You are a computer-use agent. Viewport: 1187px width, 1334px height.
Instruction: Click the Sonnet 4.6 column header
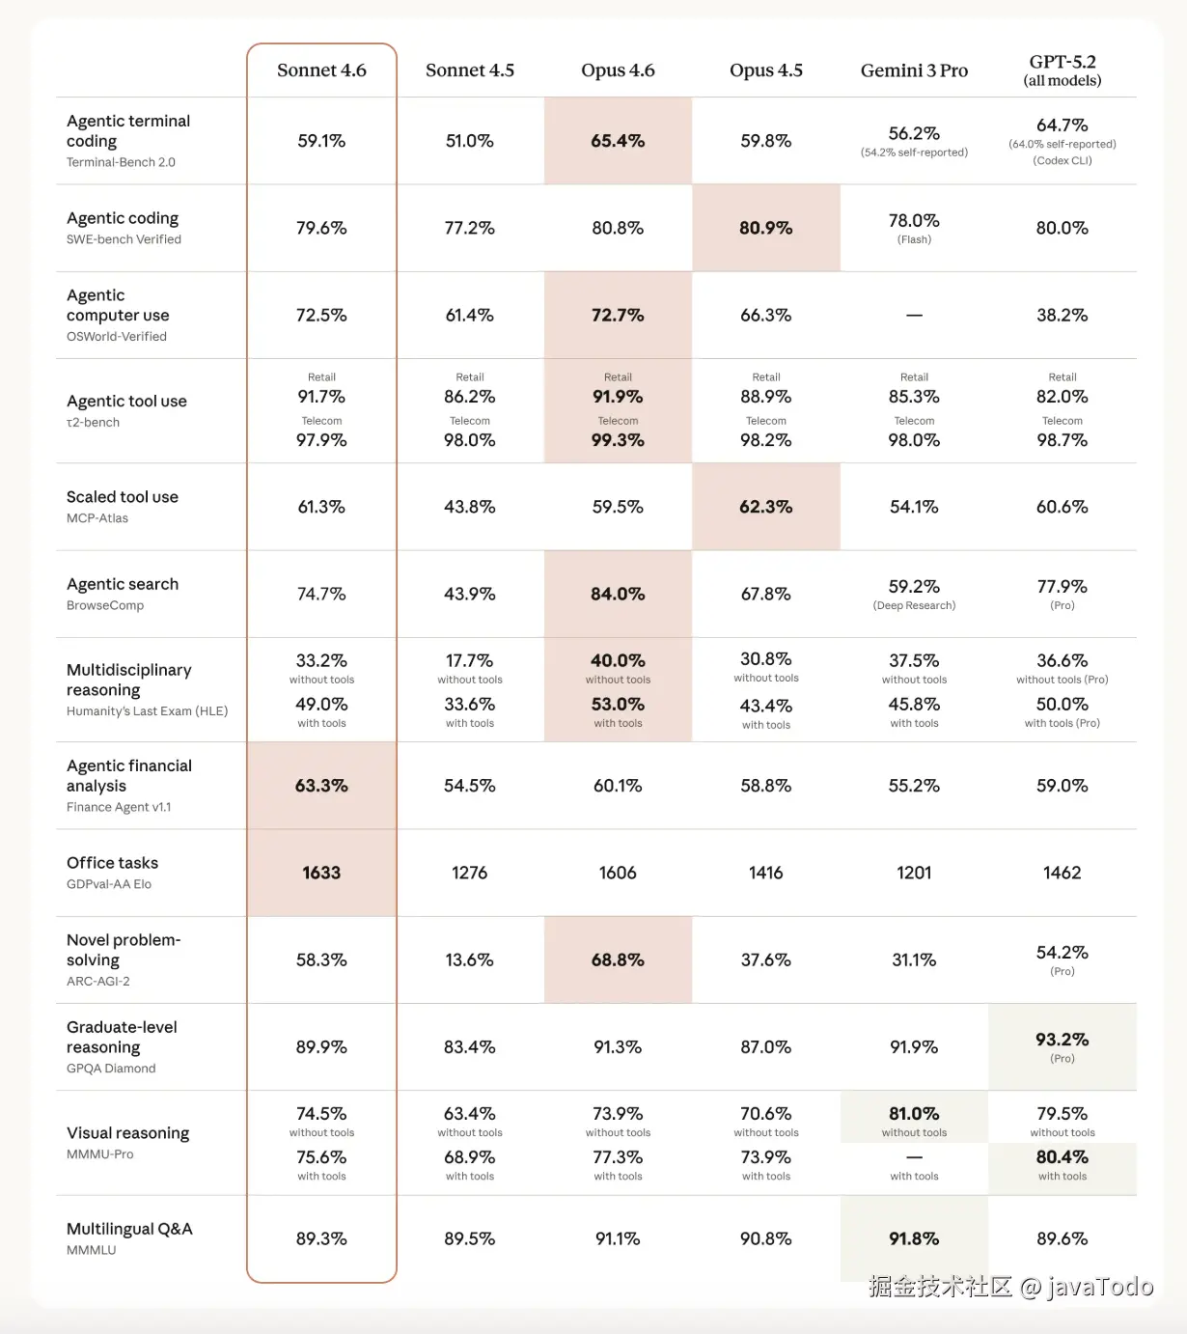(321, 70)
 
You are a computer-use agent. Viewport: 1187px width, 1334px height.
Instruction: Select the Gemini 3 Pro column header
(914, 70)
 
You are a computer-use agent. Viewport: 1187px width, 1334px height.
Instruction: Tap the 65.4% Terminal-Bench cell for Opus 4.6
(618, 141)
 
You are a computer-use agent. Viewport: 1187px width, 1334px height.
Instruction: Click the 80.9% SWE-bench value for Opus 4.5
(765, 228)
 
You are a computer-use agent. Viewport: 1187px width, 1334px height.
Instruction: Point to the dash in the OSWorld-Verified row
(914, 316)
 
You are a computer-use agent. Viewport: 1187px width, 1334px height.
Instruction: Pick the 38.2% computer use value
(1062, 316)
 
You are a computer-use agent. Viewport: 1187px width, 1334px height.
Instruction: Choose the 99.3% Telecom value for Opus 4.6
(618, 440)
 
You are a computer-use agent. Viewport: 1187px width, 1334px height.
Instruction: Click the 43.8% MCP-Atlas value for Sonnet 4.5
(469, 507)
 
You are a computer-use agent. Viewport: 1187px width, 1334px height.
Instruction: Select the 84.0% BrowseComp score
(618, 594)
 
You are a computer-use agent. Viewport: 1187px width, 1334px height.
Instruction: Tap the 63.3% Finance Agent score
(321, 786)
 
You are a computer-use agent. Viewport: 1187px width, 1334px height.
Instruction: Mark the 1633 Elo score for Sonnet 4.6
(321, 873)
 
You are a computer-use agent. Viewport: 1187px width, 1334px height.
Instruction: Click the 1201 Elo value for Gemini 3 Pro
(914, 873)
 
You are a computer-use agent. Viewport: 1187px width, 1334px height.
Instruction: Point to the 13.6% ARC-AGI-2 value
(469, 959)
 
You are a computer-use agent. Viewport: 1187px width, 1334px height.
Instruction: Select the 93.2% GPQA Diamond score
(1062, 1040)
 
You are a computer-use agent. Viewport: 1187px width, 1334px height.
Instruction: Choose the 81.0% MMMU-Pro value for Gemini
(914, 1114)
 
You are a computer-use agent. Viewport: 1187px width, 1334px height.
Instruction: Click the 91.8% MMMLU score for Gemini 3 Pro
(914, 1238)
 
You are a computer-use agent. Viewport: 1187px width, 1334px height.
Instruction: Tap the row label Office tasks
(112, 863)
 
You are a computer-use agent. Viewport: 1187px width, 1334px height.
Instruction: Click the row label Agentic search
(123, 584)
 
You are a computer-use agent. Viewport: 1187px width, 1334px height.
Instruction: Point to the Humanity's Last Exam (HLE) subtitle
(147, 711)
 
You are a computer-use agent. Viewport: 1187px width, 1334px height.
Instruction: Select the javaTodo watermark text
(1100, 1287)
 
